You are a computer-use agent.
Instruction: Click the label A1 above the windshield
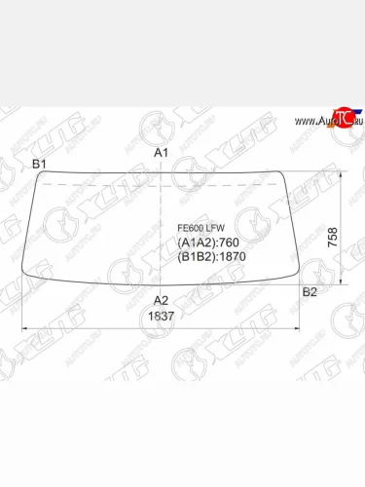click(x=162, y=154)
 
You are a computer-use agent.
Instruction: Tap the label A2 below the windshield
click(x=162, y=300)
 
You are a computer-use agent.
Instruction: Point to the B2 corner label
click(x=310, y=292)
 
